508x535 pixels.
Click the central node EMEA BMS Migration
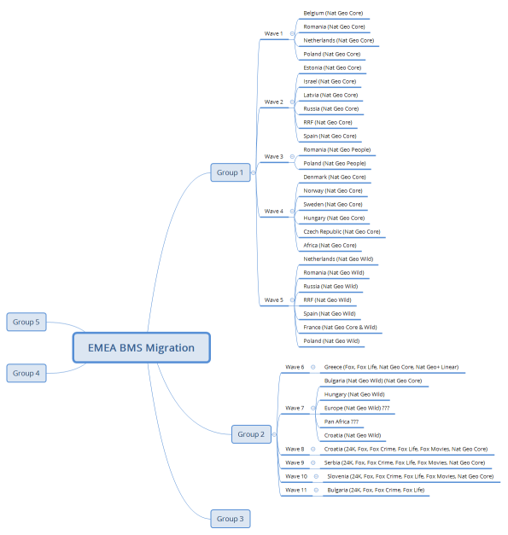tap(141, 348)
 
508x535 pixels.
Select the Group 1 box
tap(230, 172)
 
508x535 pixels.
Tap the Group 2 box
tap(251, 434)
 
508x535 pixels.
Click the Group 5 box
tap(26, 322)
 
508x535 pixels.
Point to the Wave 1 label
tap(273, 33)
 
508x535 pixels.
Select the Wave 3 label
tap(273, 156)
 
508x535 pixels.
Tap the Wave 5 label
tap(273, 299)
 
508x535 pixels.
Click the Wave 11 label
tap(296, 490)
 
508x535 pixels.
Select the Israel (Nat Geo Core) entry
tap(330, 81)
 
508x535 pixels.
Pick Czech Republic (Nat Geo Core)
tap(342, 231)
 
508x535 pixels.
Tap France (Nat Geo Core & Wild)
tap(340, 327)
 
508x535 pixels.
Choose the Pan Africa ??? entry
tap(342, 422)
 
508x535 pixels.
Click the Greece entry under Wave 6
tap(391, 367)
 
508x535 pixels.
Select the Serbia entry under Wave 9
tap(405, 462)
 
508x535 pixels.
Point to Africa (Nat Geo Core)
tap(330, 245)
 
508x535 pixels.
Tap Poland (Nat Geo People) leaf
tap(334, 163)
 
